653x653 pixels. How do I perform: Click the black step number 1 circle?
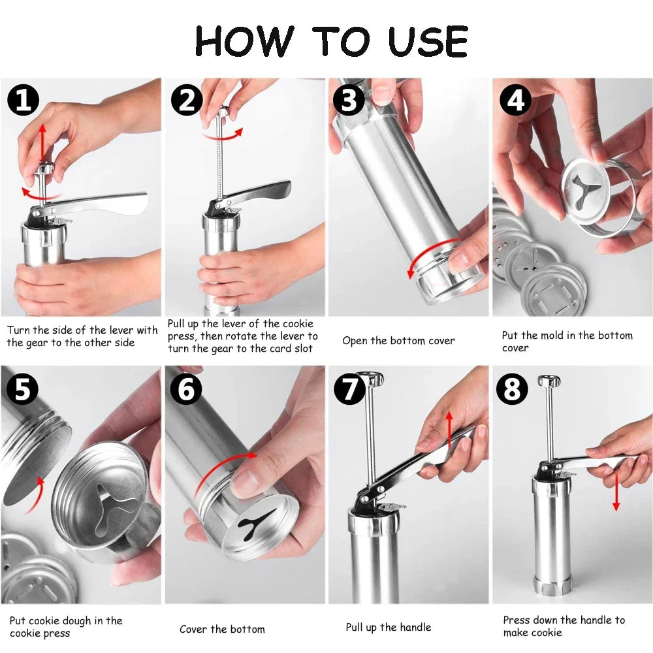click(23, 101)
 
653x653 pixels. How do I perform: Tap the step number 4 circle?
click(516, 101)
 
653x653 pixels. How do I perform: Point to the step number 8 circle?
click(512, 390)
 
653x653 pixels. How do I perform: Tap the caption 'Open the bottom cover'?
click(398, 341)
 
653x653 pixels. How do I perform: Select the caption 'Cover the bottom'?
click(222, 629)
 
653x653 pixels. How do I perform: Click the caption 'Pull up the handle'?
click(388, 628)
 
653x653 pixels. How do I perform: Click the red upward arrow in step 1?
click(42, 140)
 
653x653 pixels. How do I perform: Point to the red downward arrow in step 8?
click(616, 490)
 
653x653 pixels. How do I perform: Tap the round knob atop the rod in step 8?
click(547, 381)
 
